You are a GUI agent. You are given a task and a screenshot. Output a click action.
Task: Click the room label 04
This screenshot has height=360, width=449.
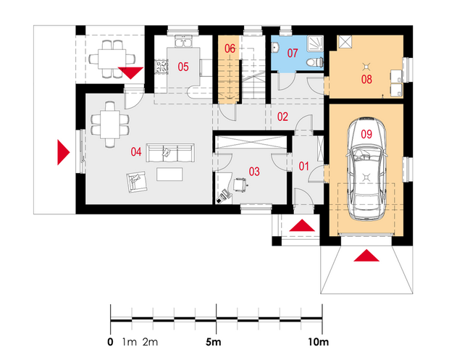(136, 151)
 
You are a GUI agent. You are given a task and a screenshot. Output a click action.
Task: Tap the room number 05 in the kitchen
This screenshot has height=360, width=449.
(183, 67)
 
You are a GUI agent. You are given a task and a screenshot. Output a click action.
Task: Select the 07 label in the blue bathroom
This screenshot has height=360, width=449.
(293, 53)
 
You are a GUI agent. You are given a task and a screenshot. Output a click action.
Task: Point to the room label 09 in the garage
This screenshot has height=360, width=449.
(366, 134)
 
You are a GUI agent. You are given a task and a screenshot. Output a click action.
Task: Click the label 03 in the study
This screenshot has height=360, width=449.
(254, 172)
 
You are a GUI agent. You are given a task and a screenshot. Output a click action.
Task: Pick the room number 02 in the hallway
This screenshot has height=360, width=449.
(282, 117)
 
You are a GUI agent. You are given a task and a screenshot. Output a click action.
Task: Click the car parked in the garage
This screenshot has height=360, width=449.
(366, 168)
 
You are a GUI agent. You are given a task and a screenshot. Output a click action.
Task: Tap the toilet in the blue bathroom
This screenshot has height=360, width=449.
(315, 62)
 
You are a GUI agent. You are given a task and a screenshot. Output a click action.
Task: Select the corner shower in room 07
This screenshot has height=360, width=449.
(315, 43)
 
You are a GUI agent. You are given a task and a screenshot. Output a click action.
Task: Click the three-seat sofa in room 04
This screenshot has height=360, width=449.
(170, 153)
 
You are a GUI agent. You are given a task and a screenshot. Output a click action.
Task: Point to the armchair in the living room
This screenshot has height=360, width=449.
(137, 182)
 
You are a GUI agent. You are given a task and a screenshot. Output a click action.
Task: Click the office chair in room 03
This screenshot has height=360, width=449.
(240, 185)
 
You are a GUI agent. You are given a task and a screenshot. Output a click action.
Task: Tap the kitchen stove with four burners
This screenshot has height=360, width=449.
(161, 67)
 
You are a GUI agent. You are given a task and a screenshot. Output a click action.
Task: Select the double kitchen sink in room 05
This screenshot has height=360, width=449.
(183, 41)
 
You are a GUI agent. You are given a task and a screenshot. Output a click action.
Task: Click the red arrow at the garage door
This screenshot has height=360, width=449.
(366, 256)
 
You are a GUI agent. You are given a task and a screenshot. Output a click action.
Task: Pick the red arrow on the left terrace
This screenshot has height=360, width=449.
(63, 152)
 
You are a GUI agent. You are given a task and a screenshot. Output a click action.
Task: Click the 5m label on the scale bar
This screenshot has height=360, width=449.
(214, 342)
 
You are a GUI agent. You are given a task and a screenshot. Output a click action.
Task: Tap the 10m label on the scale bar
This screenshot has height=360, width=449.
(318, 342)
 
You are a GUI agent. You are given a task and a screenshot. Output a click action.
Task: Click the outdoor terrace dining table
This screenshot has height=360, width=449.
(112, 59)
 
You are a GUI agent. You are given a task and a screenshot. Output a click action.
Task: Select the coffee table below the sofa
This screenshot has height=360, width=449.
(169, 174)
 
